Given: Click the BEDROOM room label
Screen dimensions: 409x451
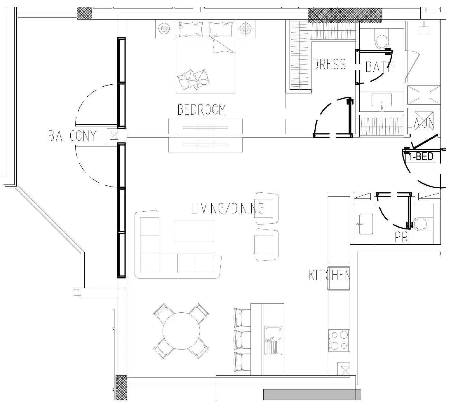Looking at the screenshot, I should [x=202, y=110].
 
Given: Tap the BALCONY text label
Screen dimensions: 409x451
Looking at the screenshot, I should [x=72, y=136].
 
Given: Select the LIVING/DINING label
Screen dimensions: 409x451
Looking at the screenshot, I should [x=228, y=209].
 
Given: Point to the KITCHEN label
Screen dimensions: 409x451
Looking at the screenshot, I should [x=329, y=276].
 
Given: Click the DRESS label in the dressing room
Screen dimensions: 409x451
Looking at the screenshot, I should [x=329, y=64].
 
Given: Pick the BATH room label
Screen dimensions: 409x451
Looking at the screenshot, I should [x=380, y=67].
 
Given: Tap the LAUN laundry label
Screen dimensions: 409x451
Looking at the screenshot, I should [x=421, y=123].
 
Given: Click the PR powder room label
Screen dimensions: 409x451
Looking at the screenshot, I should [x=401, y=237].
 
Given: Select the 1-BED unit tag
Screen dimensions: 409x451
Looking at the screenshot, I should [x=421, y=157].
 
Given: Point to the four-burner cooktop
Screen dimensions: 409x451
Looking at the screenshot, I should [x=339, y=340].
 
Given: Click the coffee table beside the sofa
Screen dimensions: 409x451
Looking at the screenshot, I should [x=194, y=231].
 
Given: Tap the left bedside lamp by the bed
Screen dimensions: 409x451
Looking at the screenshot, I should [x=164, y=29].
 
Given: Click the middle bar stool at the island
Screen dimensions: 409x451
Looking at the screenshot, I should [x=242, y=340].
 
